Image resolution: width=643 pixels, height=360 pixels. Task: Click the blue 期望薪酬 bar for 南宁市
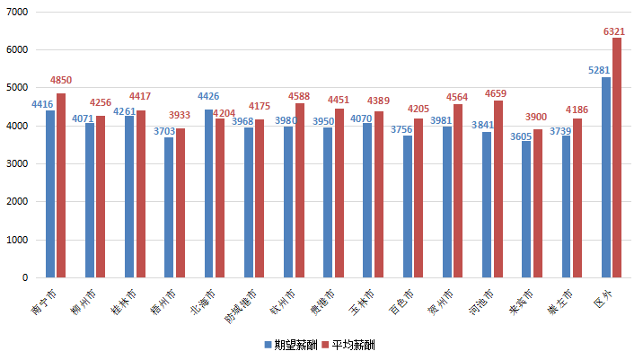click(x=50, y=194)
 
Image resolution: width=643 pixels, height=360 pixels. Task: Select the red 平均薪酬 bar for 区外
click(x=617, y=158)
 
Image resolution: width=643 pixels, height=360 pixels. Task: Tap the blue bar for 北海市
click(x=208, y=194)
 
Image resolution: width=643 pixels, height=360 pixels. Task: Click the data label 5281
click(x=599, y=70)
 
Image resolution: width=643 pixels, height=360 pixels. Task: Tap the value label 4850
click(x=62, y=81)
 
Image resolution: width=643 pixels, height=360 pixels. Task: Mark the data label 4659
click(x=497, y=92)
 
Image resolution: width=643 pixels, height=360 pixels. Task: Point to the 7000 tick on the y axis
click(x=16, y=13)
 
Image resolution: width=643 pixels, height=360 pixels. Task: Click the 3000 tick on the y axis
click(x=16, y=164)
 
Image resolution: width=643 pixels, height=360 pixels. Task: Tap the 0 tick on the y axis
click(x=24, y=278)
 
